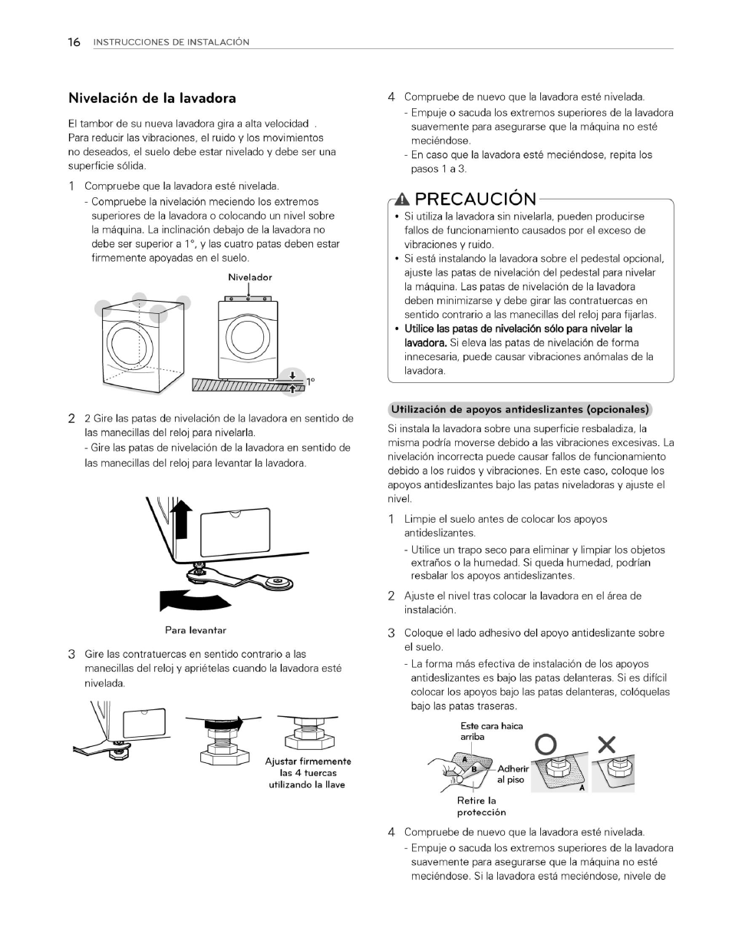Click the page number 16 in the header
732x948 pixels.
point(74,42)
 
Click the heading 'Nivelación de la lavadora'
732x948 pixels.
point(152,98)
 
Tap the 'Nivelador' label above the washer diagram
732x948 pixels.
point(249,277)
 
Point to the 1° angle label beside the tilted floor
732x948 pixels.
point(311,381)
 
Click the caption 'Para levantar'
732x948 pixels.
point(196,630)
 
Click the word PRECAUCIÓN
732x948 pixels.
point(475,200)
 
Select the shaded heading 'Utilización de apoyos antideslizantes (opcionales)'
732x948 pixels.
point(520,409)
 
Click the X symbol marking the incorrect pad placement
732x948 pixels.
point(606,745)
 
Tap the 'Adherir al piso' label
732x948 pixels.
point(513,774)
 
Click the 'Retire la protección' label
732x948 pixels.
point(481,806)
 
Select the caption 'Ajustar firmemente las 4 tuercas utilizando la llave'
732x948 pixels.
point(308,773)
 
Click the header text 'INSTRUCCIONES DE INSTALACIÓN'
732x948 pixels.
point(171,42)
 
